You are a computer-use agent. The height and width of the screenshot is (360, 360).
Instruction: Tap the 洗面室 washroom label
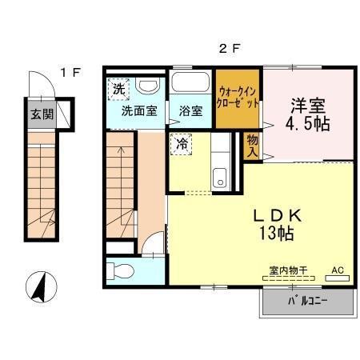coord(138,111)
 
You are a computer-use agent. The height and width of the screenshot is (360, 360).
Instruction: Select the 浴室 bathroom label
coord(190,111)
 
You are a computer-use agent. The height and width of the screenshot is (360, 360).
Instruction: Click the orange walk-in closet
coord(237,100)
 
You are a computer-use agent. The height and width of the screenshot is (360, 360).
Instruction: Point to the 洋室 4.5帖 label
coord(308,114)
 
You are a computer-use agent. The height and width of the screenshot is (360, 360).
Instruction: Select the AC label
coord(337,271)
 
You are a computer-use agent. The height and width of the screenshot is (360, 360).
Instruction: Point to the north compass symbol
coord(38,289)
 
